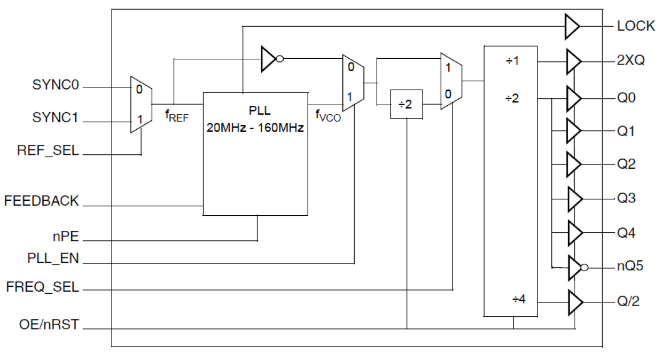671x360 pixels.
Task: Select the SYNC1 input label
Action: [56, 119]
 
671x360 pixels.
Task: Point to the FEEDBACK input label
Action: [42, 201]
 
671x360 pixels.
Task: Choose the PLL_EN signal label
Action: [52, 259]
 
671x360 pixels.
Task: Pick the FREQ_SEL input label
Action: [43, 287]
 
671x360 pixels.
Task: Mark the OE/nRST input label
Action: [49, 324]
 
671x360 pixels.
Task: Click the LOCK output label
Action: [636, 26]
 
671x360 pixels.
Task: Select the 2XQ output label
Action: [630, 60]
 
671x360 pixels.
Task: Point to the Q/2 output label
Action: [628, 302]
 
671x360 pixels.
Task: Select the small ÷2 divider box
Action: [407, 104]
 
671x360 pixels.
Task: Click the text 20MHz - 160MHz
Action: [255, 129]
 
